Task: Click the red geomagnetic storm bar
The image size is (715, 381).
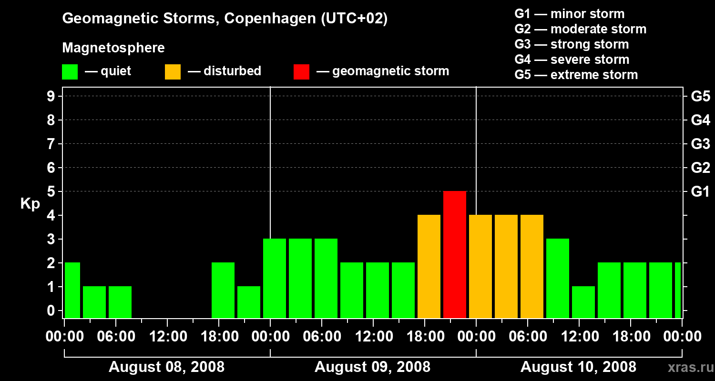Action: point(455,254)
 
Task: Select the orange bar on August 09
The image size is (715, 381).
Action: point(429,266)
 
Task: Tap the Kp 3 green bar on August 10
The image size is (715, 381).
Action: point(558,278)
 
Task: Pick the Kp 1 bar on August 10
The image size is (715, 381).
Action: point(583,302)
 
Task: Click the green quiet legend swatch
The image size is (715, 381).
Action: point(70,72)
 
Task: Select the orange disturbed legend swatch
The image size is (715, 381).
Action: point(173,72)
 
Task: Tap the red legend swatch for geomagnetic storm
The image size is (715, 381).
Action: point(302,72)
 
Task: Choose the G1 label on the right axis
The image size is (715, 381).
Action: point(700,191)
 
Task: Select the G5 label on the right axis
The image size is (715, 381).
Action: point(700,96)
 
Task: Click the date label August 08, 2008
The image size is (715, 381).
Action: point(166,367)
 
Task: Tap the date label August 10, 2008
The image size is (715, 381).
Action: point(578,367)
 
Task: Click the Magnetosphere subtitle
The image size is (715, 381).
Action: point(113,48)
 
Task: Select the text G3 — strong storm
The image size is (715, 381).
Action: point(572,44)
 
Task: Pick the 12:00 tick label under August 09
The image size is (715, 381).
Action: point(373,337)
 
